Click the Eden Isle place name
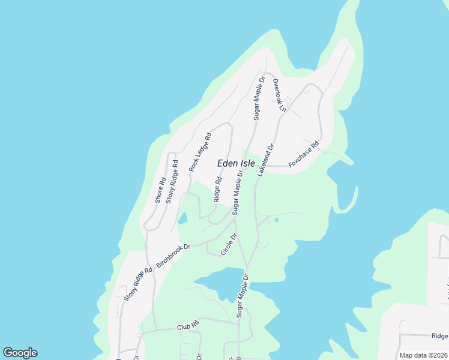click(x=235, y=163)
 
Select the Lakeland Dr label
click(x=265, y=160)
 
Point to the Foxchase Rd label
click(x=304, y=156)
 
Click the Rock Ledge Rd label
click(x=200, y=152)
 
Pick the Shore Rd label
click(x=160, y=190)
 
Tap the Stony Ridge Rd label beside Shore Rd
click(x=171, y=181)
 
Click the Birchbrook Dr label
click(x=173, y=256)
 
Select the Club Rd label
click(x=188, y=328)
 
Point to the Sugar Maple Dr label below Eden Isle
click(x=238, y=193)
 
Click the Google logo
click(x=20, y=353)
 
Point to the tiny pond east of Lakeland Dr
click(x=276, y=220)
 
